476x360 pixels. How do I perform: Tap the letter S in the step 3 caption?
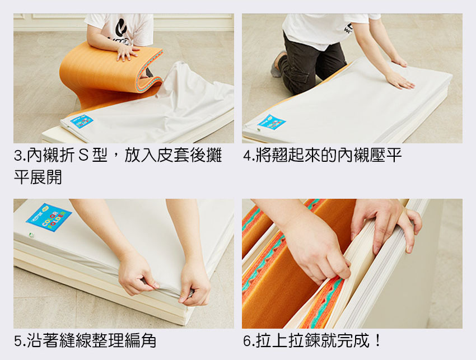pyautogui.click(x=83, y=156)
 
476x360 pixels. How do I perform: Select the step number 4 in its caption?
pyautogui.click(x=248, y=156)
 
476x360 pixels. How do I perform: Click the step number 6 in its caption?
pyautogui.click(x=248, y=341)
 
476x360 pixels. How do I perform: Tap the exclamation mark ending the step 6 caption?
pyautogui.click(x=377, y=340)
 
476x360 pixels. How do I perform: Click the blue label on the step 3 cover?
pyautogui.click(x=82, y=121)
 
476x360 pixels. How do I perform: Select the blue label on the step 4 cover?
pyautogui.click(x=272, y=122)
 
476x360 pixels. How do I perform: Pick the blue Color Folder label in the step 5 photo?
pyautogui.click(x=49, y=217)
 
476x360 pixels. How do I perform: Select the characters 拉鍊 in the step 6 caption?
pyautogui.click(x=304, y=340)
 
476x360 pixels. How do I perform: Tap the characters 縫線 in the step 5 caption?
pyautogui.click(x=75, y=340)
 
